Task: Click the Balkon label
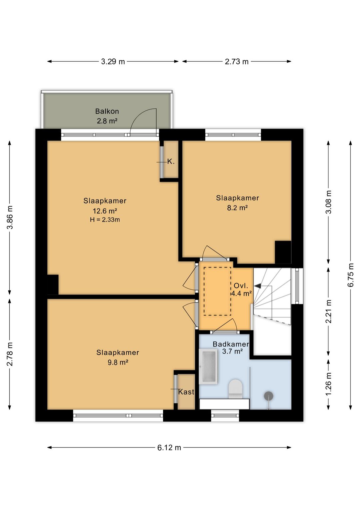coord(107,111)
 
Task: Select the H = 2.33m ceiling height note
coord(105,220)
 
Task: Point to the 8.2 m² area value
coord(237,208)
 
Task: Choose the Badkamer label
coord(231,344)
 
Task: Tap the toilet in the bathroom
coord(235,389)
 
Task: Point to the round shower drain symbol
coord(268,396)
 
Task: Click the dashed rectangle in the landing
coord(217,291)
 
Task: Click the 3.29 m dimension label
coord(113,61)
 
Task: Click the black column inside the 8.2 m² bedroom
coord(283,252)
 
